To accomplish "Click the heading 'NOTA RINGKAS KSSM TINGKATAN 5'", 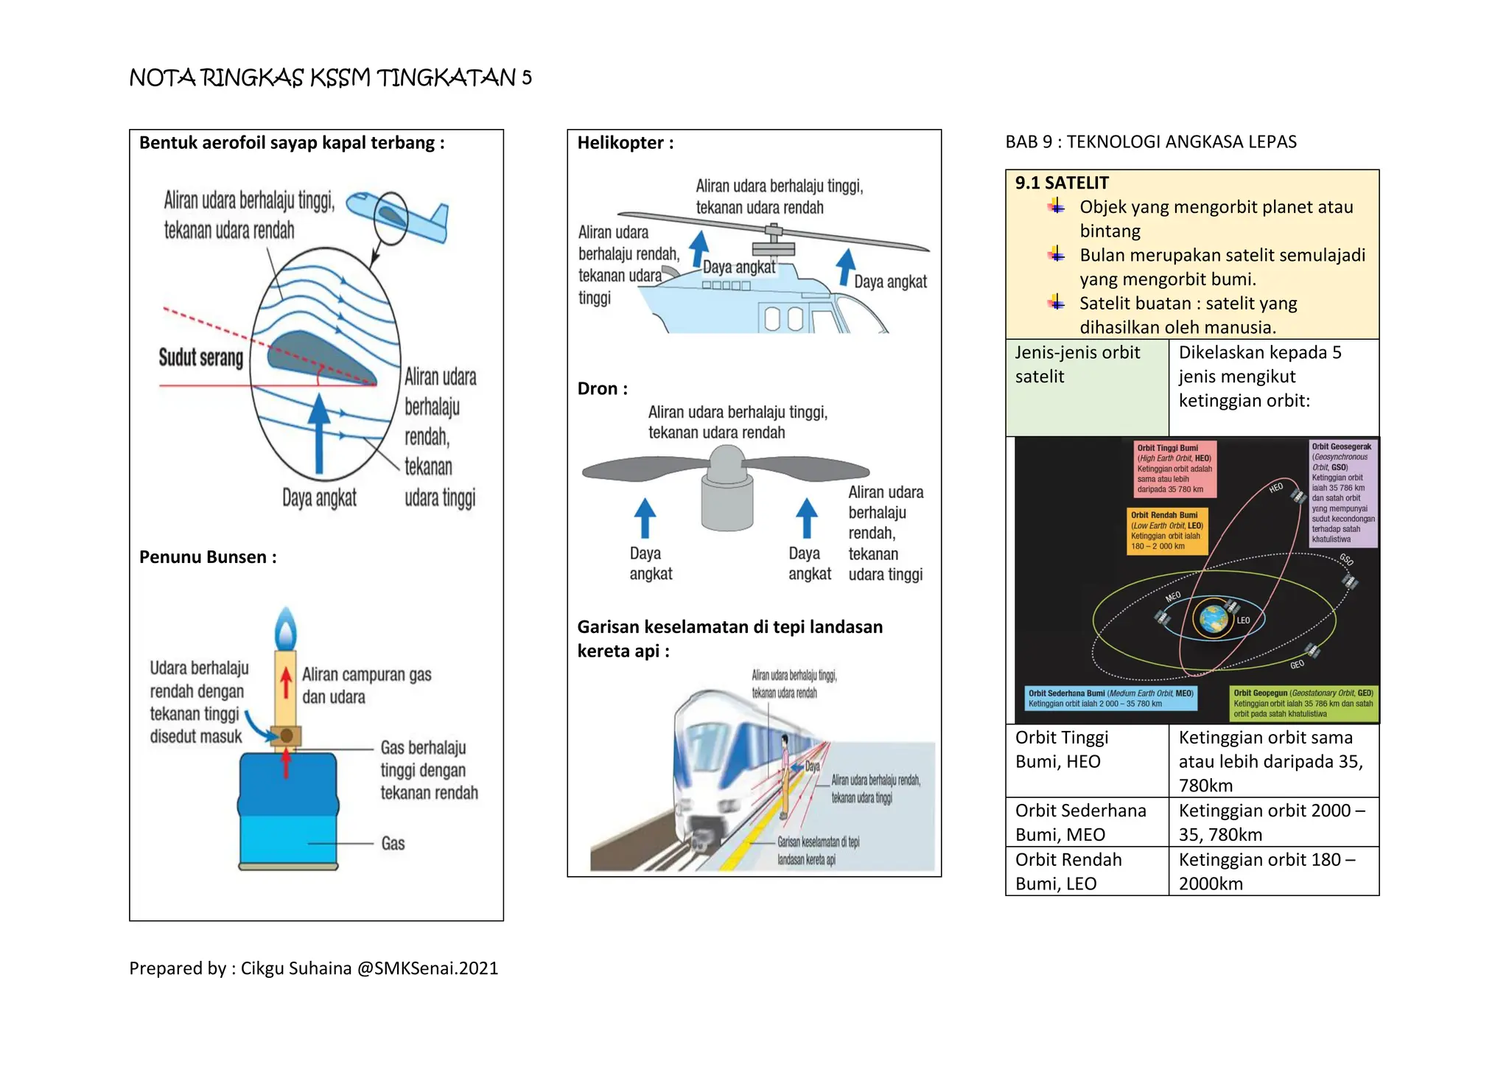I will (x=330, y=77).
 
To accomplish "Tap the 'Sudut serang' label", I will (x=200, y=358).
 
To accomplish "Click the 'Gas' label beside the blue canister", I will (x=393, y=844).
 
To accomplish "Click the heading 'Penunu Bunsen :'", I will (x=208, y=557).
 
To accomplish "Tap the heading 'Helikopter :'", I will (x=625, y=143).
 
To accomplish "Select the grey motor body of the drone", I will (x=727, y=501).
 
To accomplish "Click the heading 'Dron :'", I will (x=602, y=389).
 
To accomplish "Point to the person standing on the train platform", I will (x=785, y=774).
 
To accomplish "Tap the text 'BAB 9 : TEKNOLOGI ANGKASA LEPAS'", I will (x=1150, y=142).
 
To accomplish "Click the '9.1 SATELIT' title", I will (x=1061, y=183).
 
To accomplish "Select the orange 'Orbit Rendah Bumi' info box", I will (x=1166, y=531).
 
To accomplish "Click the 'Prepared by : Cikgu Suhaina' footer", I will (x=313, y=968).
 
